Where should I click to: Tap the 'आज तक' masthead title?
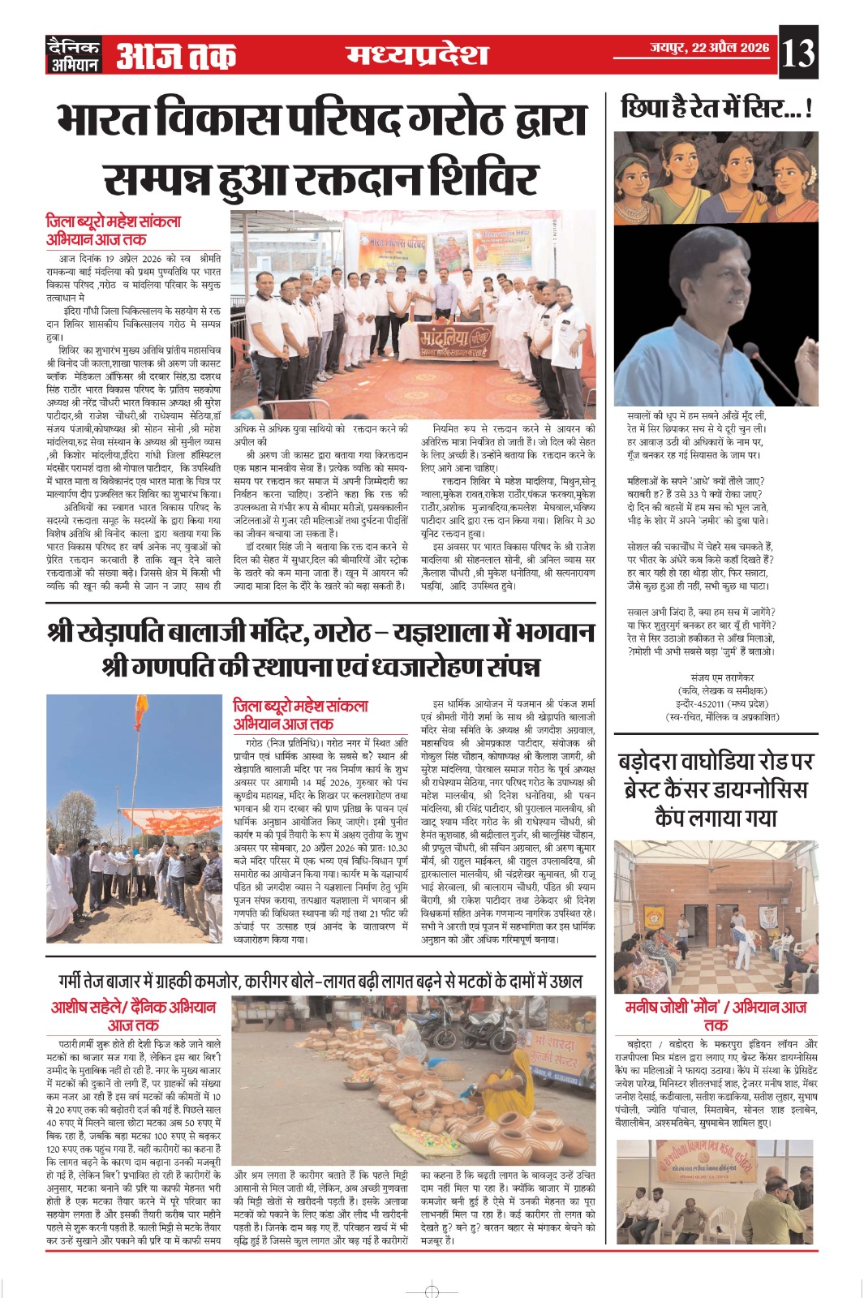(176, 56)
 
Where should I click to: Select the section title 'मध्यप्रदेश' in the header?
(417, 54)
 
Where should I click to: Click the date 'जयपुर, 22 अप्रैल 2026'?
(709, 48)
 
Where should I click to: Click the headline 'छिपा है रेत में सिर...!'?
(716, 108)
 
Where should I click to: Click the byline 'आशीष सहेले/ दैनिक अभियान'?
(134, 1007)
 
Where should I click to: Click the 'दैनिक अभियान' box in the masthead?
(73, 55)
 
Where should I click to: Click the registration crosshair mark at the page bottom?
(432, 1291)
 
